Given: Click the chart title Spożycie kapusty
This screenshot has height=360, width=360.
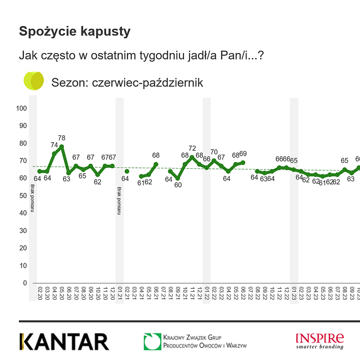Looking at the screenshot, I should tap(75, 31).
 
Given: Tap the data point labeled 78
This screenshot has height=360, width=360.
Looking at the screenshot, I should tap(62, 147).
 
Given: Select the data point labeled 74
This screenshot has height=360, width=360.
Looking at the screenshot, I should tap(54, 153).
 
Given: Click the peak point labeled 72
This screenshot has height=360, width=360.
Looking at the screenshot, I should tap(192, 157).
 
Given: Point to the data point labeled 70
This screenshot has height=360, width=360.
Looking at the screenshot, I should tap(214, 161).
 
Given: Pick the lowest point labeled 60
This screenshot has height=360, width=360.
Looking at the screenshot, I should tap(178, 178).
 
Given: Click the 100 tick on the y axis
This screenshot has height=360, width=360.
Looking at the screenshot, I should tap(22, 108).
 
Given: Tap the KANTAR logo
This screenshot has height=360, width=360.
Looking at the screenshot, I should tap(64, 342).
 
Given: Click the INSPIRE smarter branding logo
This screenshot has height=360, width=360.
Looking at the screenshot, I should tap(319, 341).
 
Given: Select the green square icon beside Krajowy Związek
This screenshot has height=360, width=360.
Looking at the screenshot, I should tap(152, 342).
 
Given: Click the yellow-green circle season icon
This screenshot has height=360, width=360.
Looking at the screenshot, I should tap(34, 81).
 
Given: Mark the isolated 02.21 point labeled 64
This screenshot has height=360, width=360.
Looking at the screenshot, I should tap(127, 171).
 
